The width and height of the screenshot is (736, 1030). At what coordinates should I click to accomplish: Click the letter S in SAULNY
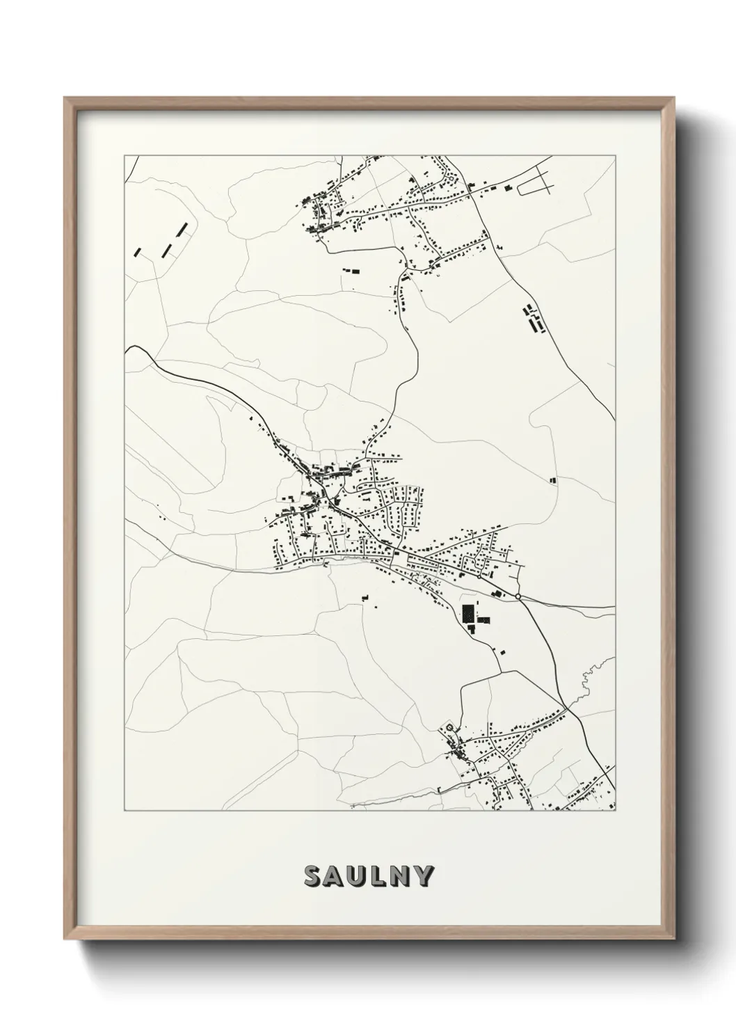[x=312, y=877]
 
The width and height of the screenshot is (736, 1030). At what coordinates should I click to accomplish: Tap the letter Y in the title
[x=424, y=877]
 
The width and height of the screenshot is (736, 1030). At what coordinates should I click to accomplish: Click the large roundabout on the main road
[x=518, y=596]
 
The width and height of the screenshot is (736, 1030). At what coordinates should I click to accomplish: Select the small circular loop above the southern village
[x=449, y=728]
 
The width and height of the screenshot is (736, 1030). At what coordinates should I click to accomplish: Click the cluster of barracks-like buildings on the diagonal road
[x=534, y=318]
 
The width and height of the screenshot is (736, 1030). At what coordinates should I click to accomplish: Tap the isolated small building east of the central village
[x=553, y=480]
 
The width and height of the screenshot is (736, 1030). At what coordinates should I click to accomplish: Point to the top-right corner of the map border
[x=615, y=156]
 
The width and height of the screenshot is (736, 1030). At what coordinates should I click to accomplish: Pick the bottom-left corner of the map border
[x=125, y=811]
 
